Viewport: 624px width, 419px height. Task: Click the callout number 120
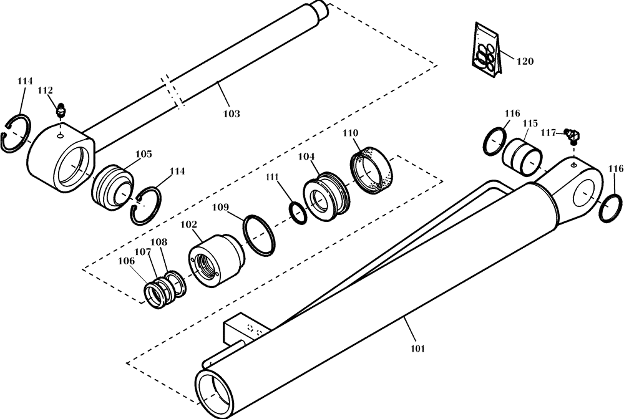(x=525, y=62)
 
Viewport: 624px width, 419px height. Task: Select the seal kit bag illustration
(x=485, y=52)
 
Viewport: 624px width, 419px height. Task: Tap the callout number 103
(x=232, y=114)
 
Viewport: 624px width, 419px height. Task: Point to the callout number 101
(x=417, y=349)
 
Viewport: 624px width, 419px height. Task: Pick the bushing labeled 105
(x=113, y=186)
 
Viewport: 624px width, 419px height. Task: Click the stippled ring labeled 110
(x=371, y=168)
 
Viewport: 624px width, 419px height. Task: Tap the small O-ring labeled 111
(x=298, y=211)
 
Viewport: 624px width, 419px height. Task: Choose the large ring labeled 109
(x=261, y=235)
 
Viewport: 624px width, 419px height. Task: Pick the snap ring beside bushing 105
(x=147, y=206)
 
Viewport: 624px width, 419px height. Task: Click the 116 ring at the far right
(x=610, y=207)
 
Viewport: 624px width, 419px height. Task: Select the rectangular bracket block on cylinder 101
(x=243, y=330)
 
